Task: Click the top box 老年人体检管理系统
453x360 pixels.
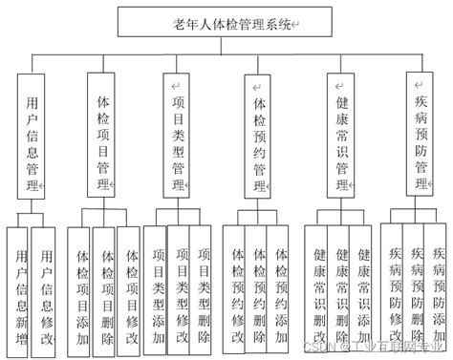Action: [226, 21]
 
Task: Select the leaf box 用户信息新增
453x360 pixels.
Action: [20, 286]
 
